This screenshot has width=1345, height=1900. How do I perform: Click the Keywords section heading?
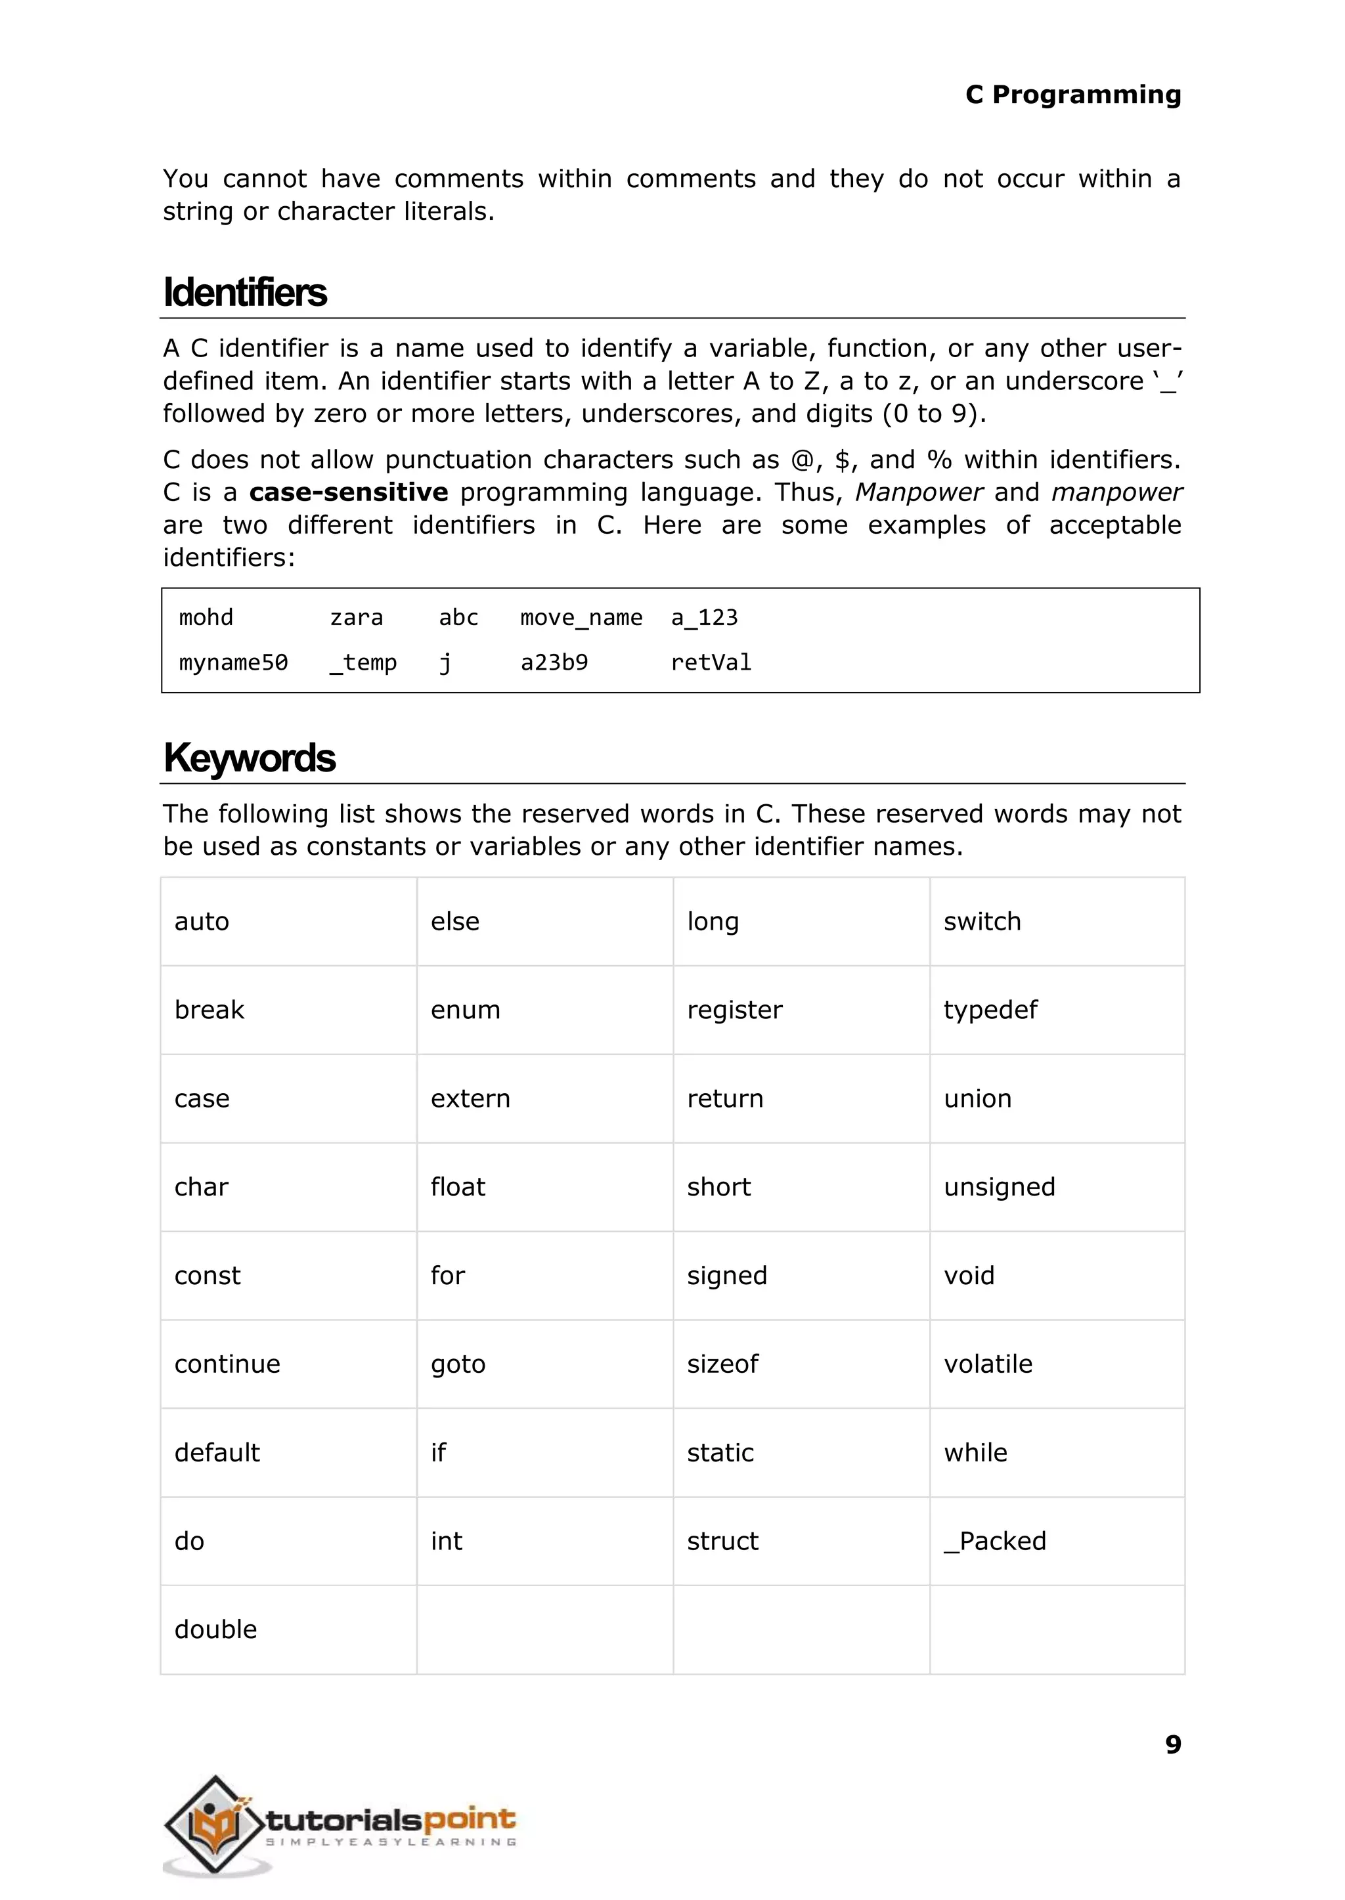(250, 758)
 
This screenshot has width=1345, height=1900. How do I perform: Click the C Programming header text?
(1072, 95)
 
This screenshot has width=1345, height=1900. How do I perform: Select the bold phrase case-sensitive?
(348, 492)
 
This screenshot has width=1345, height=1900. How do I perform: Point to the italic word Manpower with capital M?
(919, 492)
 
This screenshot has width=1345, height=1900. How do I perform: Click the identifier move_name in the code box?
(581, 618)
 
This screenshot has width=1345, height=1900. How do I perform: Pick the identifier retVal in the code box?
(711, 662)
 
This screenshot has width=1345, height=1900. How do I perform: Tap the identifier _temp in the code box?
(363, 662)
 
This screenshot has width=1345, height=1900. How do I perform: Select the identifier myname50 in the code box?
(234, 662)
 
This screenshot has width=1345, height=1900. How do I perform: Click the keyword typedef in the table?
(990, 1010)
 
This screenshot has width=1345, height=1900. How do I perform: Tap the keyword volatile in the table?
(988, 1364)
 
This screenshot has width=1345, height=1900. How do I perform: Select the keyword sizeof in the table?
(722, 1364)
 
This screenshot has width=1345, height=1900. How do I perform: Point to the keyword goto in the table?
(458, 1364)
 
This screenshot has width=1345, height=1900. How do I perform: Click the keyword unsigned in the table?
(999, 1187)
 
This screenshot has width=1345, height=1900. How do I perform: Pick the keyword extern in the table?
(470, 1098)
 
